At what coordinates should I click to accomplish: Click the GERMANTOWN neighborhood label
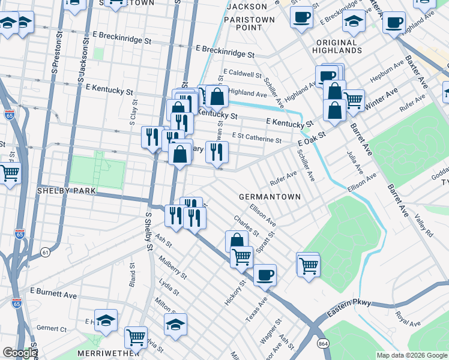270,197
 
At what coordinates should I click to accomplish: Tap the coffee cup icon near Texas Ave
265,275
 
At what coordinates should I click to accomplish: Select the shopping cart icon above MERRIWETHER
136,338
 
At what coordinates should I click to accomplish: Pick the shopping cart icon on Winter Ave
353,101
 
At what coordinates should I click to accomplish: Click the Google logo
20,353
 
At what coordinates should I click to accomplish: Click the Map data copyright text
411,355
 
